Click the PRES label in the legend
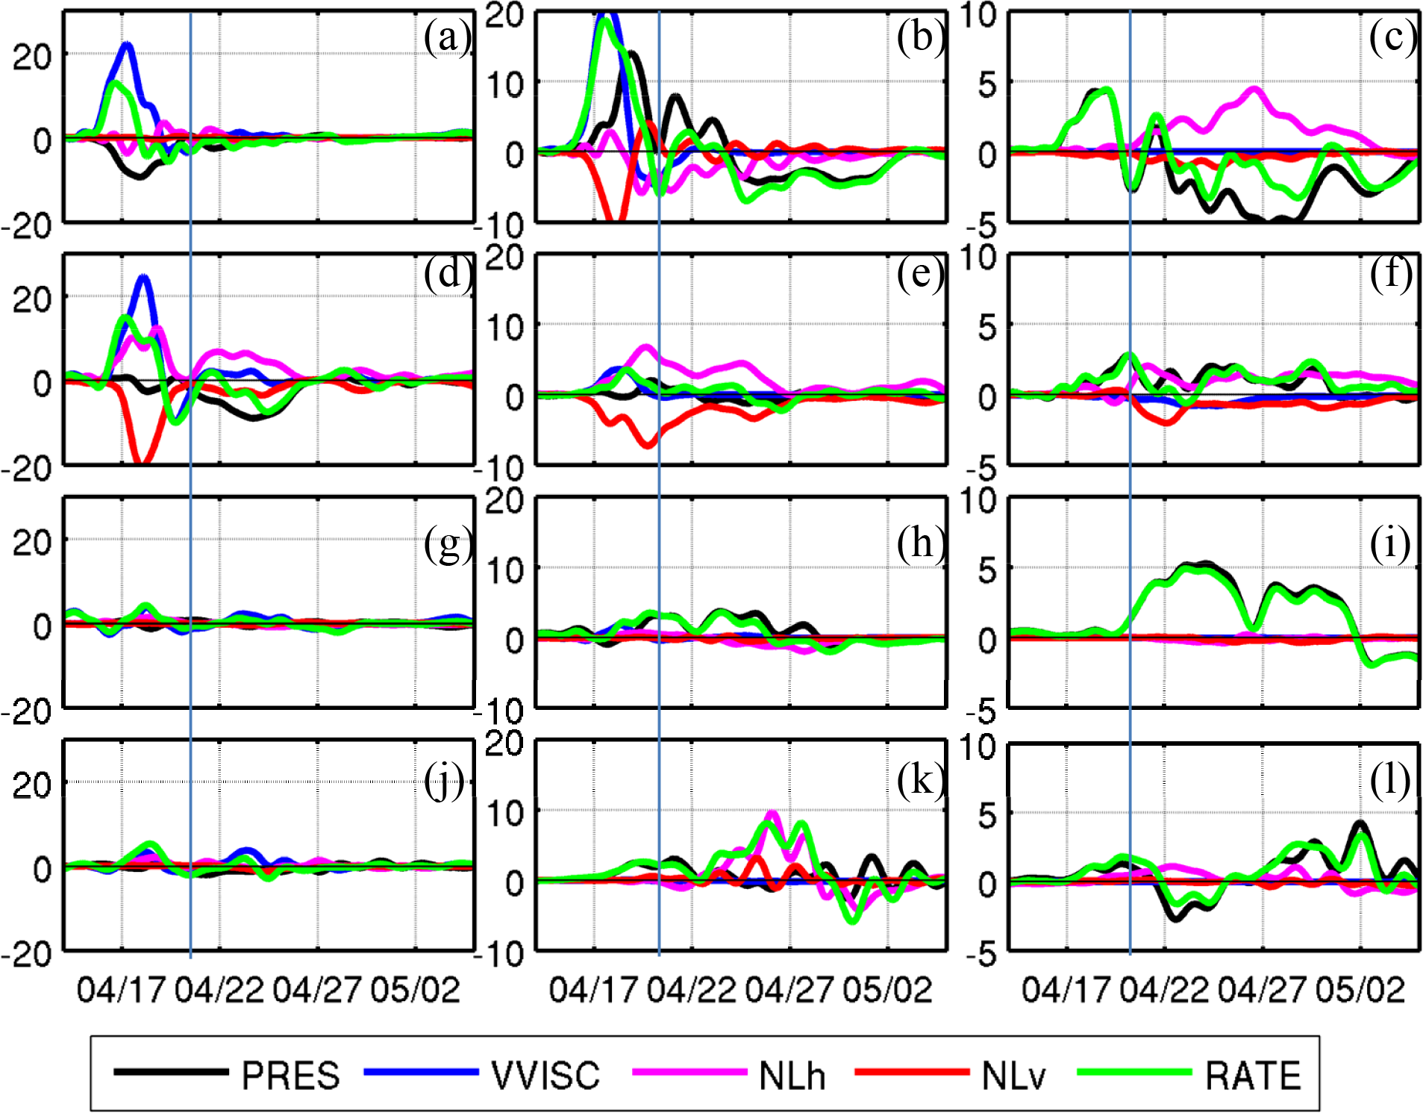(x=290, y=1076)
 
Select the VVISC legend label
(x=545, y=1076)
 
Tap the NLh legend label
(x=792, y=1076)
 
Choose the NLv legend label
(x=1013, y=1076)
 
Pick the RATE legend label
(x=1253, y=1076)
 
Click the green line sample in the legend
(x=1134, y=1072)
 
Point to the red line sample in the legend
(x=911, y=1072)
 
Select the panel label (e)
(x=920, y=275)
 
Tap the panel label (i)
(x=1390, y=543)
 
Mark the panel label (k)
(x=920, y=781)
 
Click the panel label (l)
(x=1390, y=781)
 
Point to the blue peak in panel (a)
(x=128, y=45)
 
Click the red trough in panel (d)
(x=141, y=461)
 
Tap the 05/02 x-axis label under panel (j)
(x=415, y=990)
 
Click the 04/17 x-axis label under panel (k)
(x=593, y=990)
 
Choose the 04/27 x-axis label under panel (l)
(x=1262, y=990)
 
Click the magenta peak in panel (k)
(x=772, y=814)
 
